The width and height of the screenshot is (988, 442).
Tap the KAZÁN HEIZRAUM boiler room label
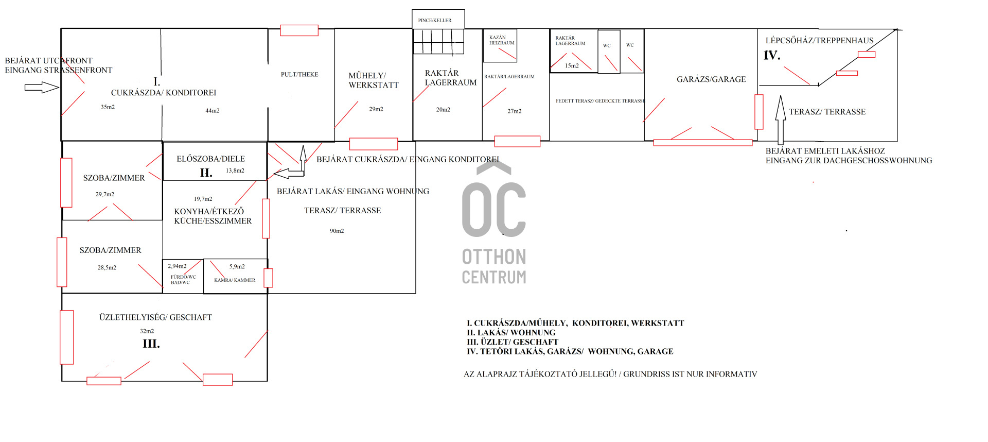tap(502, 40)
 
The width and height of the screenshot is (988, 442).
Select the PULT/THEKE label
tap(299, 75)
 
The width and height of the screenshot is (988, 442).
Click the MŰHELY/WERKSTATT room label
tap(374, 80)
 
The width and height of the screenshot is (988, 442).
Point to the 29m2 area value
tap(376, 109)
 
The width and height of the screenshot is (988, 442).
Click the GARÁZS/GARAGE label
tap(711, 79)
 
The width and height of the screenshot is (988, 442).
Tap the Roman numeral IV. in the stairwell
tap(772, 55)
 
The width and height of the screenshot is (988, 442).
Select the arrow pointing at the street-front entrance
tap(42, 88)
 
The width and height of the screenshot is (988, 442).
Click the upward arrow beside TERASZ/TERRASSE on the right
tap(781, 120)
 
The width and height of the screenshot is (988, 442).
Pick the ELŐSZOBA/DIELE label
tap(211, 159)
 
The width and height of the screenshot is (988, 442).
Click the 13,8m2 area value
tap(235, 171)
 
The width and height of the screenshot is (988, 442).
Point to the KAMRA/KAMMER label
tap(235, 280)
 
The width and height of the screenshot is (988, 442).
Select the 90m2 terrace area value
tap(337, 231)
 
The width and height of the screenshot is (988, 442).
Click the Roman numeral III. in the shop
tap(151, 344)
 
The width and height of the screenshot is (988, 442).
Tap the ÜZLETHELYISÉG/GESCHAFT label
tap(155, 317)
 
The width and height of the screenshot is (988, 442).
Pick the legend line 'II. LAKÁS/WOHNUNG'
tap(511, 333)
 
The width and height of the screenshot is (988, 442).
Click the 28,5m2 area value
tap(107, 268)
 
